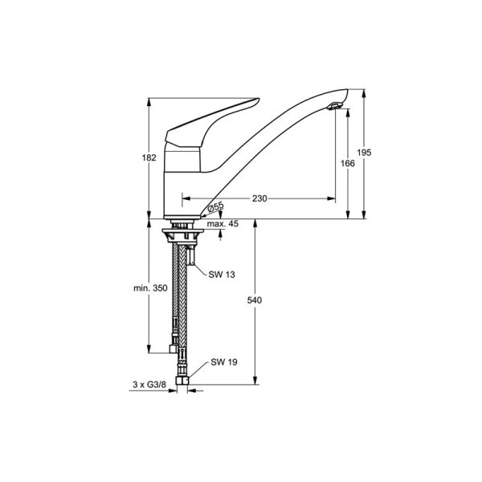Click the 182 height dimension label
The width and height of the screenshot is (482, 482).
(x=149, y=157)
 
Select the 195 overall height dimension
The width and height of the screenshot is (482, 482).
(x=364, y=153)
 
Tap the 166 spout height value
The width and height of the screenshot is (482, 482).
(x=348, y=163)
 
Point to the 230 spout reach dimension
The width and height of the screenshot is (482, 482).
(x=259, y=198)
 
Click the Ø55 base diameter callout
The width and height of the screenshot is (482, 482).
(x=216, y=207)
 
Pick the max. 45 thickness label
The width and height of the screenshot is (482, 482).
(x=223, y=224)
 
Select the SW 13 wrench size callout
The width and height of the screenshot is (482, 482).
(x=222, y=274)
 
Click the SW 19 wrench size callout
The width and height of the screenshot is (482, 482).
(x=224, y=362)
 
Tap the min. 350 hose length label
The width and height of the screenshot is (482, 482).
(x=150, y=288)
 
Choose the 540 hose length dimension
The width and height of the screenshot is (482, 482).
(x=255, y=300)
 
